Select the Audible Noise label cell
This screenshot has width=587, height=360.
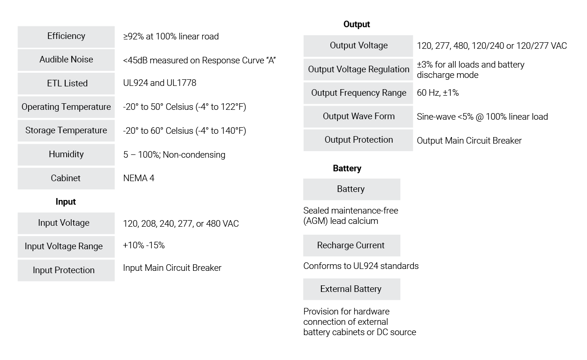pyautogui.click(x=66, y=60)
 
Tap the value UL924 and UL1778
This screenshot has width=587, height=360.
pyautogui.click(x=160, y=83)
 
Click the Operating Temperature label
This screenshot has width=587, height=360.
pyautogui.click(x=66, y=107)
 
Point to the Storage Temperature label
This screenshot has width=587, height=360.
pyautogui.click(x=66, y=130)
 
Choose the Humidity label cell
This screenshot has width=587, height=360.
pyautogui.click(x=66, y=155)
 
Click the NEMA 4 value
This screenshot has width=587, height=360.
pyautogui.click(x=139, y=178)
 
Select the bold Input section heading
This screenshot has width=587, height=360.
pyautogui.click(x=66, y=202)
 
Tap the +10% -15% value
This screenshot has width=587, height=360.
pyautogui.click(x=144, y=245)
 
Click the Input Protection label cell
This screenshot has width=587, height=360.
pyautogui.click(x=66, y=270)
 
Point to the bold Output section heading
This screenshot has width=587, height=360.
pyautogui.click(x=357, y=24)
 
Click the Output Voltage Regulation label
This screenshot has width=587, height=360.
pyautogui.click(x=358, y=69)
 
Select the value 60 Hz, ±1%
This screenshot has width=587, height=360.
pyautogui.click(x=438, y=93)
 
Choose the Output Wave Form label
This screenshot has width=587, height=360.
pyautogui.click(x=358, y=116)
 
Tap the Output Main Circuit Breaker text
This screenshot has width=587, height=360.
pyautogui.click(x=469, y=140)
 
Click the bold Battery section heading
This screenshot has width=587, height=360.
pyautogui.click(x=347, y=169)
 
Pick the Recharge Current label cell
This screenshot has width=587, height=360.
pyautogui.click(x=351, y=245)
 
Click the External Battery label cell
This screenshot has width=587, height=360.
pyautogui.click(x=351, y=289)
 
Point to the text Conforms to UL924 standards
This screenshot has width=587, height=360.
pyautogui.click(x=361, y=266)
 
